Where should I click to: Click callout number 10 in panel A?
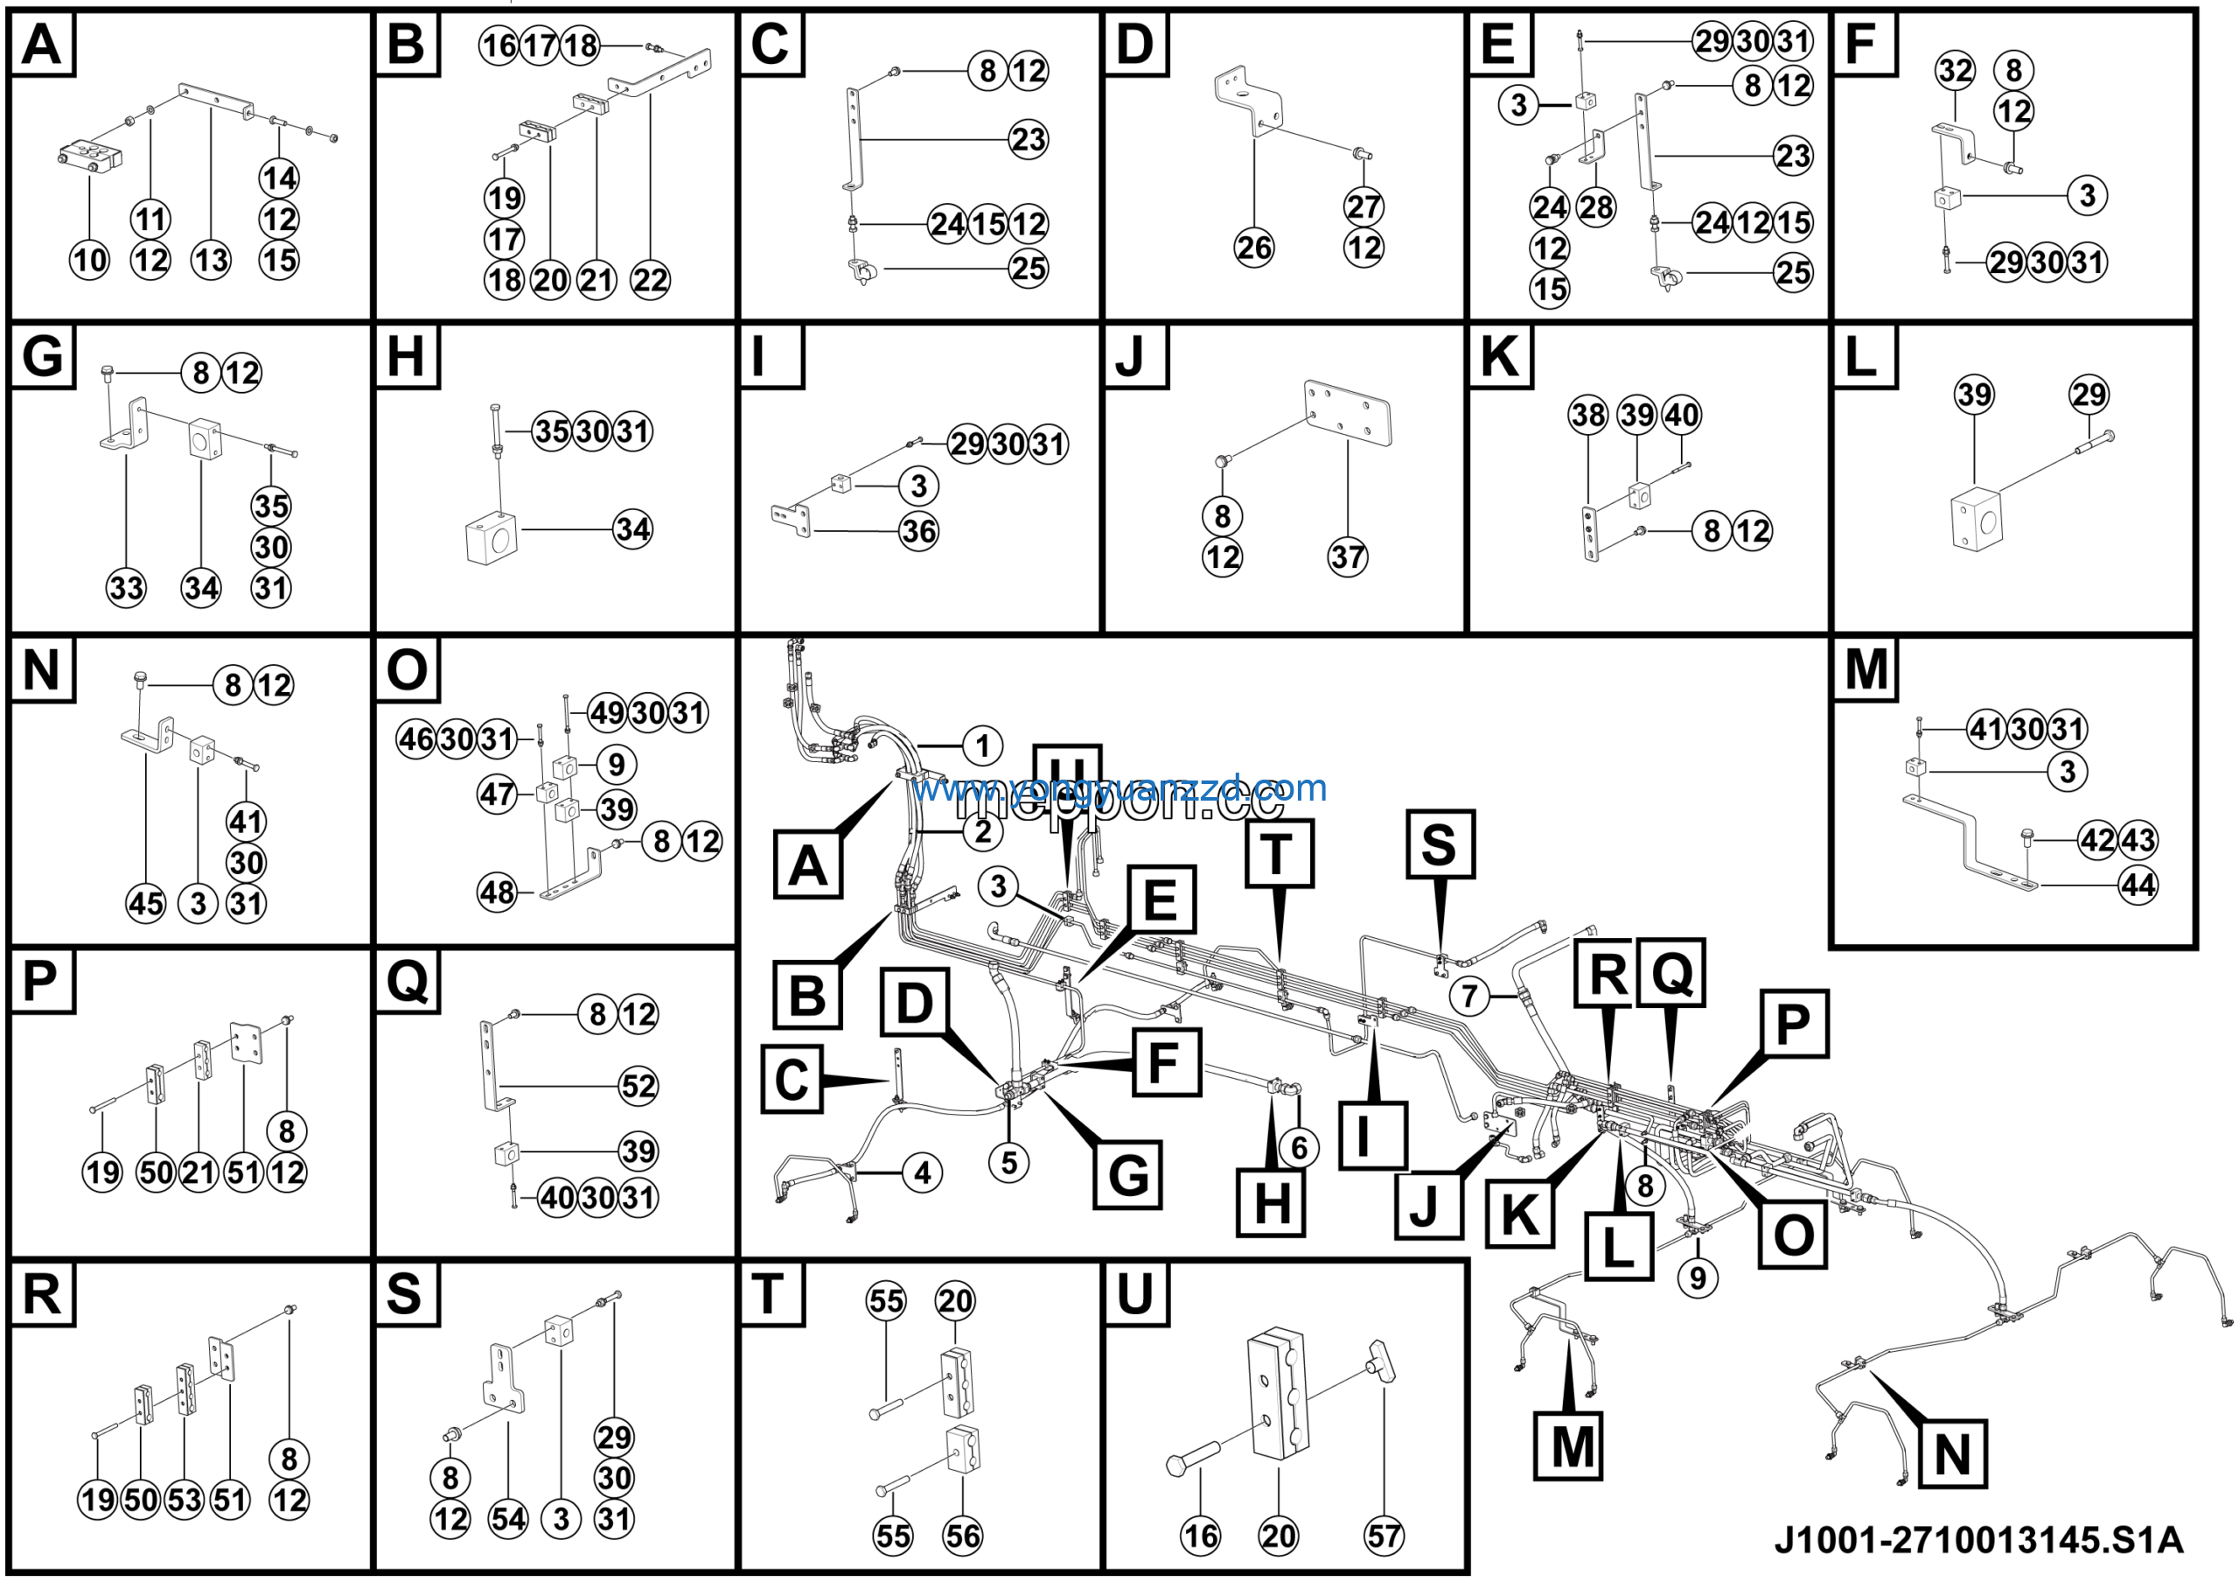click(x=90, y=260)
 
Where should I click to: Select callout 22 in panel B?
click(x=650, y=281)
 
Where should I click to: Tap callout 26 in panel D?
click(x=1253, y=248)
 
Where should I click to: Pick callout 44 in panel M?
click(x=2138, y=885)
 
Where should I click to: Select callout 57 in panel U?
click(x=1383, y=1536)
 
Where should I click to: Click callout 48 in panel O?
click(x=497, y=892)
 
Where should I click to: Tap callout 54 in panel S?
click(x=507, y=1519)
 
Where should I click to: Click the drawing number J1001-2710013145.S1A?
click(x=1977, y=1539)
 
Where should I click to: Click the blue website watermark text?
click(x=1119, y=787)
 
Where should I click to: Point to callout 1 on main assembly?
click(x=982, y=746)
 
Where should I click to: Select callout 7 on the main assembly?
click(x=1469, y=996)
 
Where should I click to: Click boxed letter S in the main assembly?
click(x=1440, y=844)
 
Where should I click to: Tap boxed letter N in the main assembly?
click(x=1951, y=1454)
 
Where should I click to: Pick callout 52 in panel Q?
click(x=638, y=1087)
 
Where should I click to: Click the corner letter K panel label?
click(x=1500, y=357)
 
